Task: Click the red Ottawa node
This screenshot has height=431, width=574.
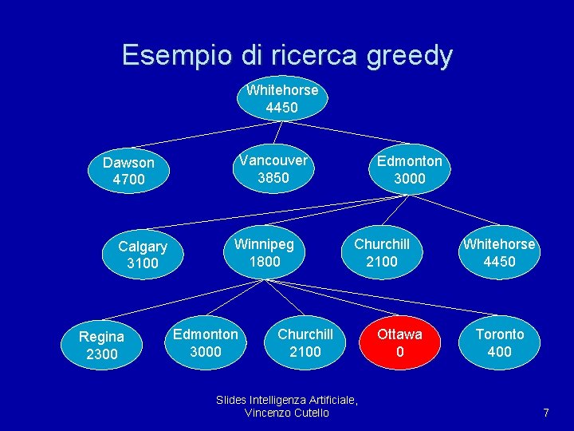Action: (x=399, y=342)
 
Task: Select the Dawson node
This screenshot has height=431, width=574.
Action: (x=128, y=171)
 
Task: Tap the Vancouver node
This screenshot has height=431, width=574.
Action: (x=273, y=168)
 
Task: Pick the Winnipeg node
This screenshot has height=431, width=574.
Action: (x=264, y=252)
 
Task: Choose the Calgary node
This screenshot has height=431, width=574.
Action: (x=143, y=255)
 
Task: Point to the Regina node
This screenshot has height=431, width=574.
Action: (x=101, y=345)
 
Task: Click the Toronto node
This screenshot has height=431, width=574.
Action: (x=500, y=342)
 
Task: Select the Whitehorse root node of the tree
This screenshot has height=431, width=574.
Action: (x=282, y=98)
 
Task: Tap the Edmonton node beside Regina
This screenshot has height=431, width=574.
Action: (x=206, y=342)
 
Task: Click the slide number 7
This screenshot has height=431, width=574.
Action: (x=546, y=413)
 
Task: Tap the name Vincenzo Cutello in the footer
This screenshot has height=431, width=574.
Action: (x=287, y=413)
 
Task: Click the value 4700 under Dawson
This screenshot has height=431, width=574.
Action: (x=129, y=180)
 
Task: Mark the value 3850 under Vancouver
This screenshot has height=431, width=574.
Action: (x=273, y=177)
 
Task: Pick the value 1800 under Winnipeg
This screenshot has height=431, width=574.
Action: (x=265, y=261)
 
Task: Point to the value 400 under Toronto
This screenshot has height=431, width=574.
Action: (x=500, y=351)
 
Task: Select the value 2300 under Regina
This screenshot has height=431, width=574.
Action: (x=101, y=354)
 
